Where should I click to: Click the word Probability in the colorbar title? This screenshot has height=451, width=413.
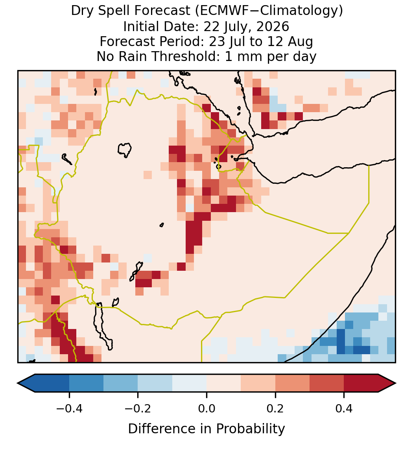[250, 429]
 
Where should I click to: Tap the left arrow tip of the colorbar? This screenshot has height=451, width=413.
[18, 383]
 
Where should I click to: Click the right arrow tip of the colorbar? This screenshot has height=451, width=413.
[396, 383]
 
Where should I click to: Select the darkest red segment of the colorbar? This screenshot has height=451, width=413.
[361, 383]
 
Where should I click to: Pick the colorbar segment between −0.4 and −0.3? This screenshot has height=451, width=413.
[86, 383]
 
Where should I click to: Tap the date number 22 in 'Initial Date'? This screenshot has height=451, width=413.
[211, 26]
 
